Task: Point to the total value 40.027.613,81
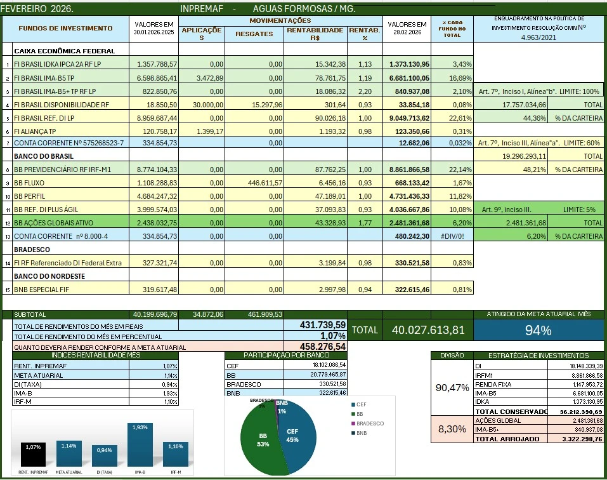click(x=428, y=330)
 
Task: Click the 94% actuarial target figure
click(x=538, y=330)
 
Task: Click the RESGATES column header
click(x=254, y=34)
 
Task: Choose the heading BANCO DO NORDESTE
click(x=49, y=276)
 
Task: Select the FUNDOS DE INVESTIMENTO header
click(x=65, y=29)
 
